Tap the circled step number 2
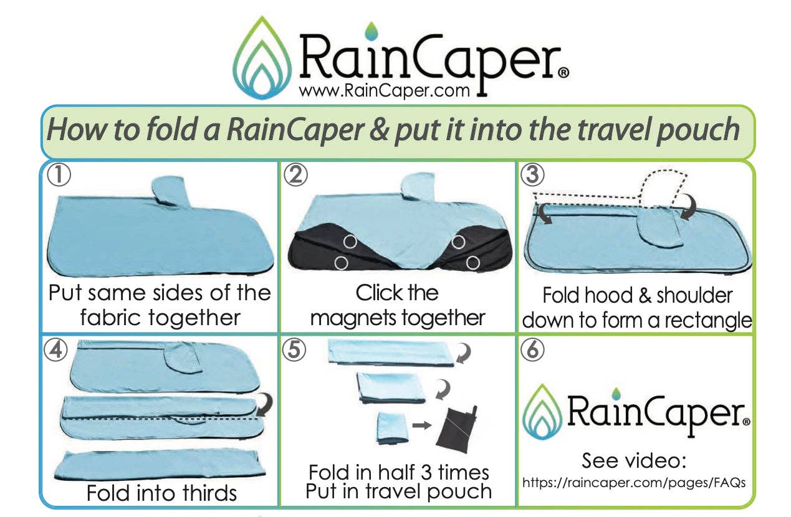[x=295, y=176]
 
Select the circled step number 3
[x=531, y=176]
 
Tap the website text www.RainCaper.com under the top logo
[x=384, y=92]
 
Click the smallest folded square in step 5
[x=391, y=429]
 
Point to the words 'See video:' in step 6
[x=634, y=461]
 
